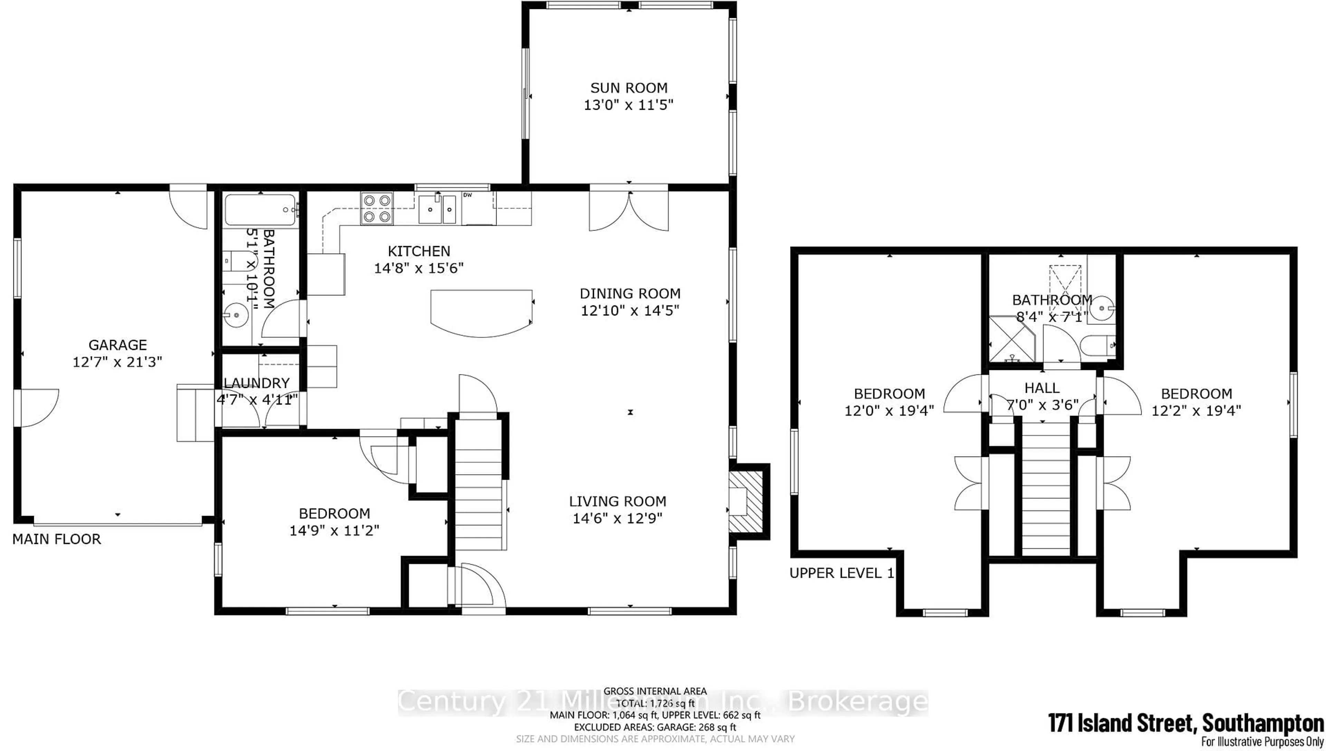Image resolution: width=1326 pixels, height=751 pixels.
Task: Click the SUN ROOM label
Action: (628, 88)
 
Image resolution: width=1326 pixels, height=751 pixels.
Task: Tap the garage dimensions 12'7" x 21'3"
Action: (118, 362)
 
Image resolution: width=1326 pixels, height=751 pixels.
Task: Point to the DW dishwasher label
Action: (468, 195)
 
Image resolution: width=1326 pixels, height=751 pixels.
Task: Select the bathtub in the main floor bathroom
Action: (261, 209)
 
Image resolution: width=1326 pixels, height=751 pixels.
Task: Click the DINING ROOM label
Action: (630, 293)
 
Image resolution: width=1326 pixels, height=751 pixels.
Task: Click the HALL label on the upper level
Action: (1042, 388)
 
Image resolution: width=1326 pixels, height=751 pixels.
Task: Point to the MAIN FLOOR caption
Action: (57, 539)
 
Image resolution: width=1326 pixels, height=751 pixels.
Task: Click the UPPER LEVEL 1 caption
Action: (842, 573)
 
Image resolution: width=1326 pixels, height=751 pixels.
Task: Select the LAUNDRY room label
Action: (257, 383)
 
